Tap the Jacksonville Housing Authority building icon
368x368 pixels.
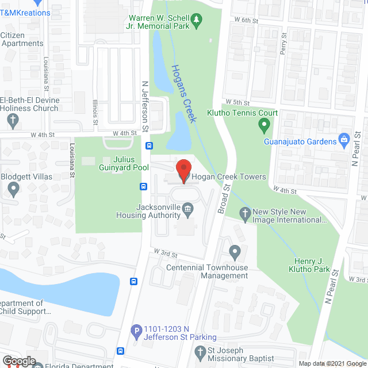point(188,208)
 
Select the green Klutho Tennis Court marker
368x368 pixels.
point(264,124)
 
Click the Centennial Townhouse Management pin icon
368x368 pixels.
point(235,252)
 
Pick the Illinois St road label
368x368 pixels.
point(95,112)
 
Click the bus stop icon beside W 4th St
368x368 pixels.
point(149,145)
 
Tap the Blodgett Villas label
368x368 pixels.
point(26,177)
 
